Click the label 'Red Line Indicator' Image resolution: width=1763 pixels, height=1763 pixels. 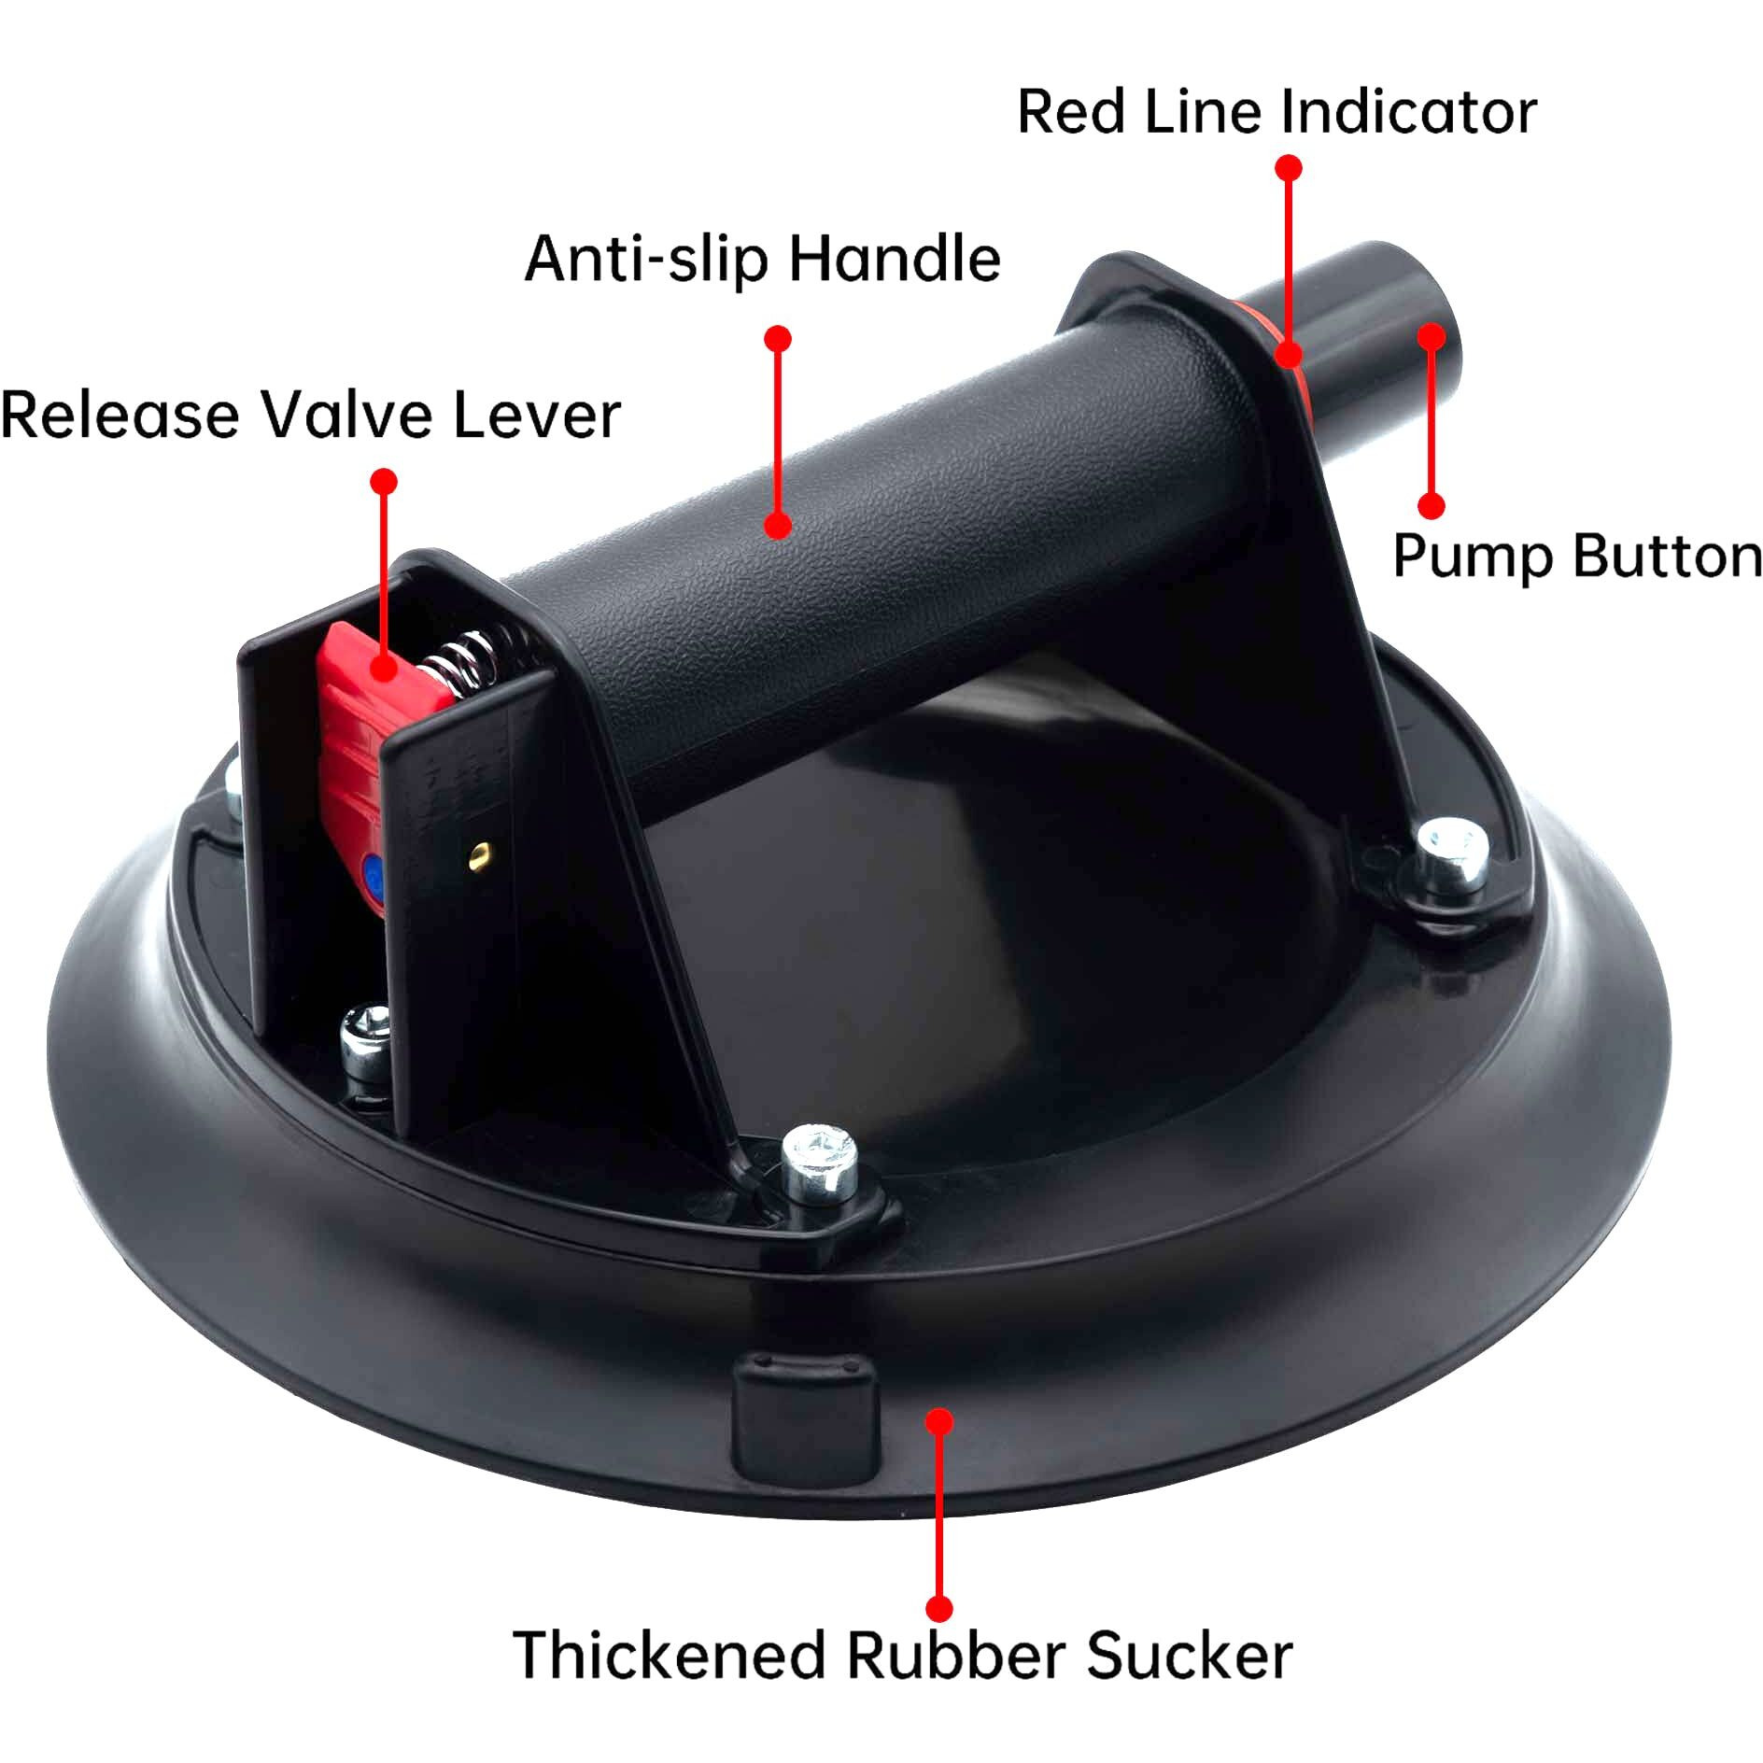pyautogui.click(x=1276, y=112)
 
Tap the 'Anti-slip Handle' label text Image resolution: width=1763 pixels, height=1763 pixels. pyautogui.click(x=763, y=259)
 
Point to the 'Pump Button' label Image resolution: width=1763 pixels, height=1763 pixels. pyautogui.click(x=1577, y=557)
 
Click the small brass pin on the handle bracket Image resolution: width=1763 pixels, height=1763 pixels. pyautogui.click(x=482, y=850)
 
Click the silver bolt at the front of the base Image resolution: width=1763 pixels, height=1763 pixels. pyautogui.click(x=820, y=1164)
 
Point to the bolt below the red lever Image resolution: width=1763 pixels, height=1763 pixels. pyautogui.click(x=365, y=1037)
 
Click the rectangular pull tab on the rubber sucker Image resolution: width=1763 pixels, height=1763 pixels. pyautogui.click(x=806, y=1417)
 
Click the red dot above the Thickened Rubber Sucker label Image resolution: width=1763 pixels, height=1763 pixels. pyautogui.click(x=939, y=1421)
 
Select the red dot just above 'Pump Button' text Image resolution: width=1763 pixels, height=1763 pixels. pyautogui.click(x=1432, y=505)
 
